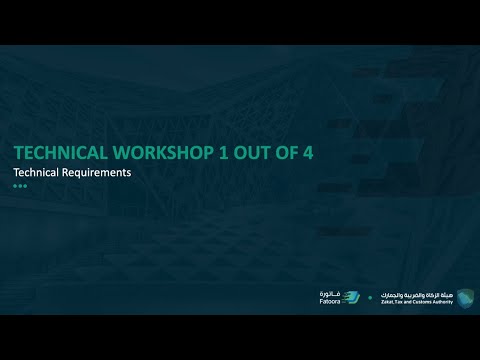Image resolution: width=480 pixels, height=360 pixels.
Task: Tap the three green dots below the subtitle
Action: (x=19, y=185)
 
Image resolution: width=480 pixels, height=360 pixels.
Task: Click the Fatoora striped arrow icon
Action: (x=352, y=297)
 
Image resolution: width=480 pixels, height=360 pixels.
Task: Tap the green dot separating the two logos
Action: (x=371, y=298)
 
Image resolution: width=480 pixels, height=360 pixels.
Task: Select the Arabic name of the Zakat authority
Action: (x=416, y=293)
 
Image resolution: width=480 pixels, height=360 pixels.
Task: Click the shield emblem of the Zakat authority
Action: (x=466, y=297)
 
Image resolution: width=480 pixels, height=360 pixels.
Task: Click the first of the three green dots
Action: (x=15, y=185)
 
